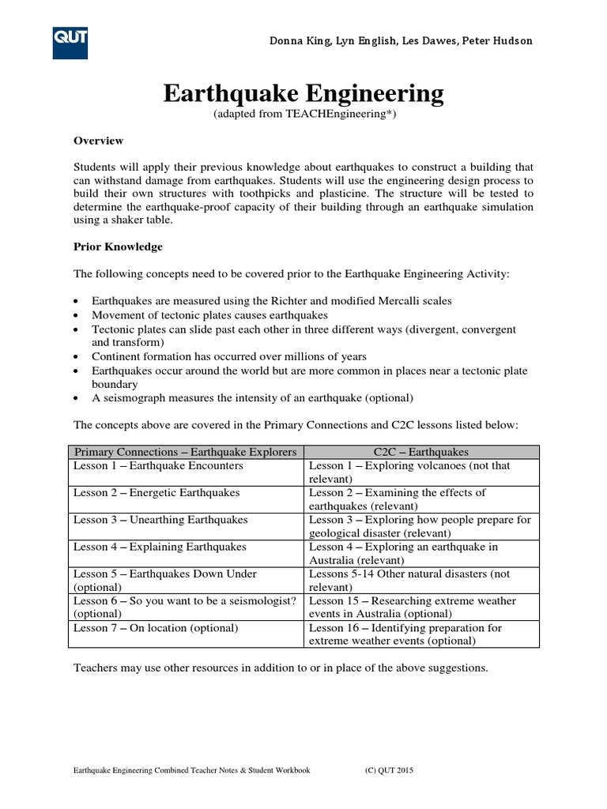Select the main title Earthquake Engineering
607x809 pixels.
point(303,94)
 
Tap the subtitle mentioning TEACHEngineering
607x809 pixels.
point(303,115)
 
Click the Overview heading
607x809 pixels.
point(98,141)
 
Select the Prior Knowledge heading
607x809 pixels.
point(118,246)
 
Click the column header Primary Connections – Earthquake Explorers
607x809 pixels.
point(185,452)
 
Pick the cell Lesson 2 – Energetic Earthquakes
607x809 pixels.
point(156,493)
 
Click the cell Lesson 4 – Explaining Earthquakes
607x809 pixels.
point(160,547)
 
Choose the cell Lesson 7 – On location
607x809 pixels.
point(155,628)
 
